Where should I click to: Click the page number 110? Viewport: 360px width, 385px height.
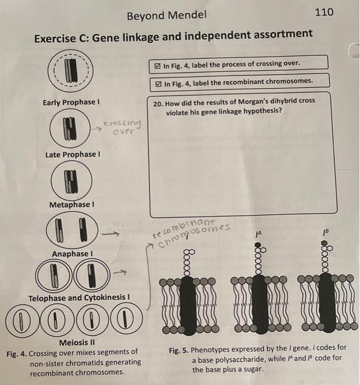[x=324, y=12]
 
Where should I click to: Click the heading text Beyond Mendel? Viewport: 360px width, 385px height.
[x=167, y=15]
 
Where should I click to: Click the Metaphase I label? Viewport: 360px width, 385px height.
[x=70, y=205]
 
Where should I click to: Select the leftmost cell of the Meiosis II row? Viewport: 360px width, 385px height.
[x=21, y=320]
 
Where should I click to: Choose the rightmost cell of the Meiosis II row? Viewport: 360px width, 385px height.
[x=127, y=320]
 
